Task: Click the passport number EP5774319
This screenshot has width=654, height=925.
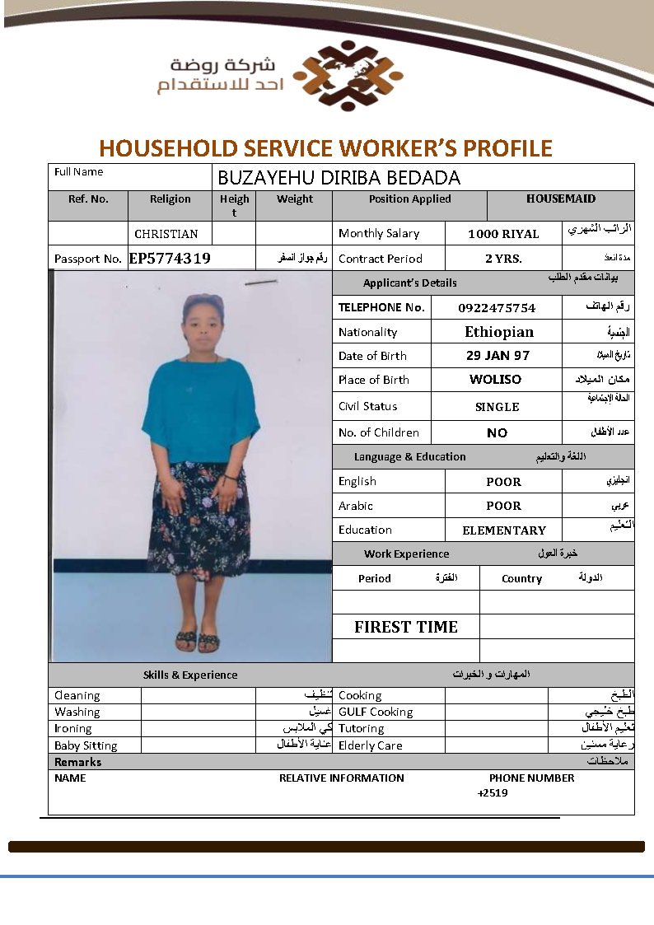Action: [170, 258]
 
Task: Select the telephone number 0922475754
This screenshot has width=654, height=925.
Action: [497, 308]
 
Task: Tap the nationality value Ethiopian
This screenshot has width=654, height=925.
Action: [499, 332]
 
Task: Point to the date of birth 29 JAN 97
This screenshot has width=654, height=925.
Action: [498, 356]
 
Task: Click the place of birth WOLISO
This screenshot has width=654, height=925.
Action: [495, 380]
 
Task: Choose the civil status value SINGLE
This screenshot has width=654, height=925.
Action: [497, 407]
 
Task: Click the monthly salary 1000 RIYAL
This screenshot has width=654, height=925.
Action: [503, 234]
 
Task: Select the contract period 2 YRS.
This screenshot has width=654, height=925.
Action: [503, 259]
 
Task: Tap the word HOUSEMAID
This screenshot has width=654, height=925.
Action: [561, 199]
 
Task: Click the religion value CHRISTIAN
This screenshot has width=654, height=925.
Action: [166, 234]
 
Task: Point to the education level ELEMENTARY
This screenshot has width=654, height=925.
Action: [504, 530]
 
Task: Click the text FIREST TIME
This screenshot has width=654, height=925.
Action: [406, 627]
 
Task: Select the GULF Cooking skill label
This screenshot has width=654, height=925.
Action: [376, 712]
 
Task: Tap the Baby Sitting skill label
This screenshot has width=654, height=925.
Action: [86, 745]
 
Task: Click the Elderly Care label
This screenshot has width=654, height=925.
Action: [371, 745]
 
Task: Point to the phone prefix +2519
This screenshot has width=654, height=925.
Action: [493, 793]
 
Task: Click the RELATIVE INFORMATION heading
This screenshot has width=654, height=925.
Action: [342, 778]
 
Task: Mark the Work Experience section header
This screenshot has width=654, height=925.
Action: [407, 554]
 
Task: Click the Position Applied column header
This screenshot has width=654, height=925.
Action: [409, 199]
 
